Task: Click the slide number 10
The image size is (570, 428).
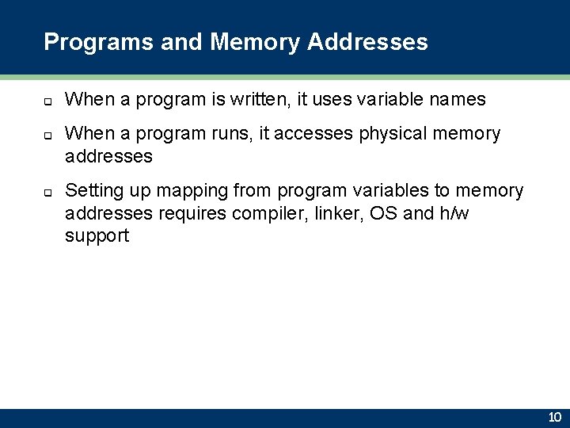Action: click(554, 417)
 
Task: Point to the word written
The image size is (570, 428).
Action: click(262, 100)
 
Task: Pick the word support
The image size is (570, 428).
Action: click(97, 236)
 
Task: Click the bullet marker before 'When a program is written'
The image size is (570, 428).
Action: click(47, 101)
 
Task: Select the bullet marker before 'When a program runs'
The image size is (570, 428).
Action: click(47, 136)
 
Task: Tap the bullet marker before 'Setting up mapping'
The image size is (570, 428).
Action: click(47, 193)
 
